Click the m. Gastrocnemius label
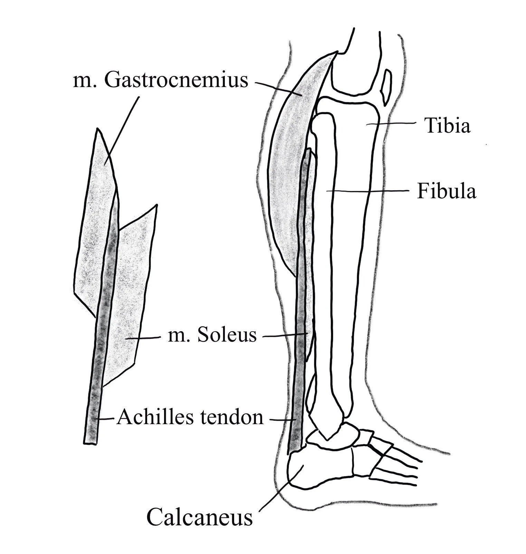[160, 80]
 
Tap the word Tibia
[447, 125]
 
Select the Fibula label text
[446, 191]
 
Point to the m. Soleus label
[212, 335]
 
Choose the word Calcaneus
[199, 517]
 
